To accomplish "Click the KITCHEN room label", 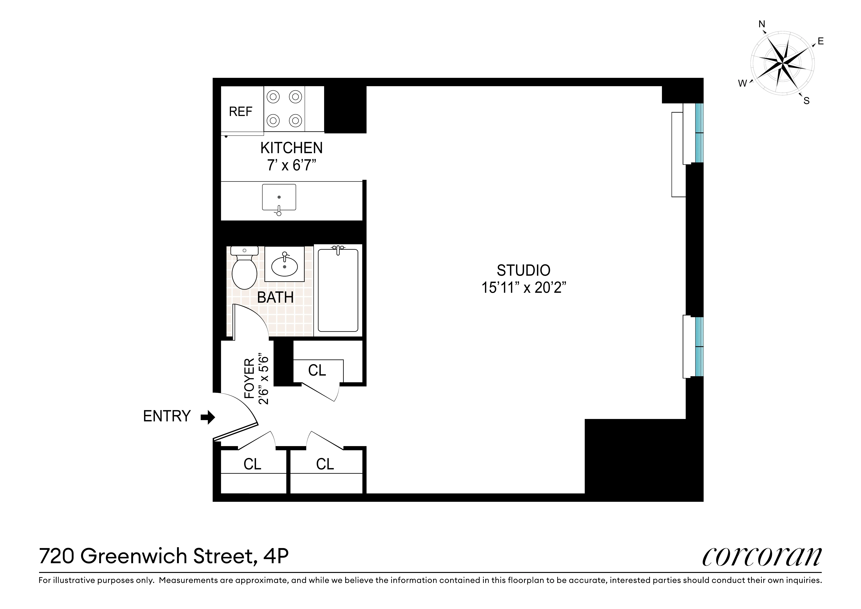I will (x=291, y=148).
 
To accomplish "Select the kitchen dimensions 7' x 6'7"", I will (x=291, y=165).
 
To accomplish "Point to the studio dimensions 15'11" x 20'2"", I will (x=523, y=288).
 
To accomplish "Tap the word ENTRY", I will (x=167, y=416).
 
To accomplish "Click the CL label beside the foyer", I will (x=317, y=370).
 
